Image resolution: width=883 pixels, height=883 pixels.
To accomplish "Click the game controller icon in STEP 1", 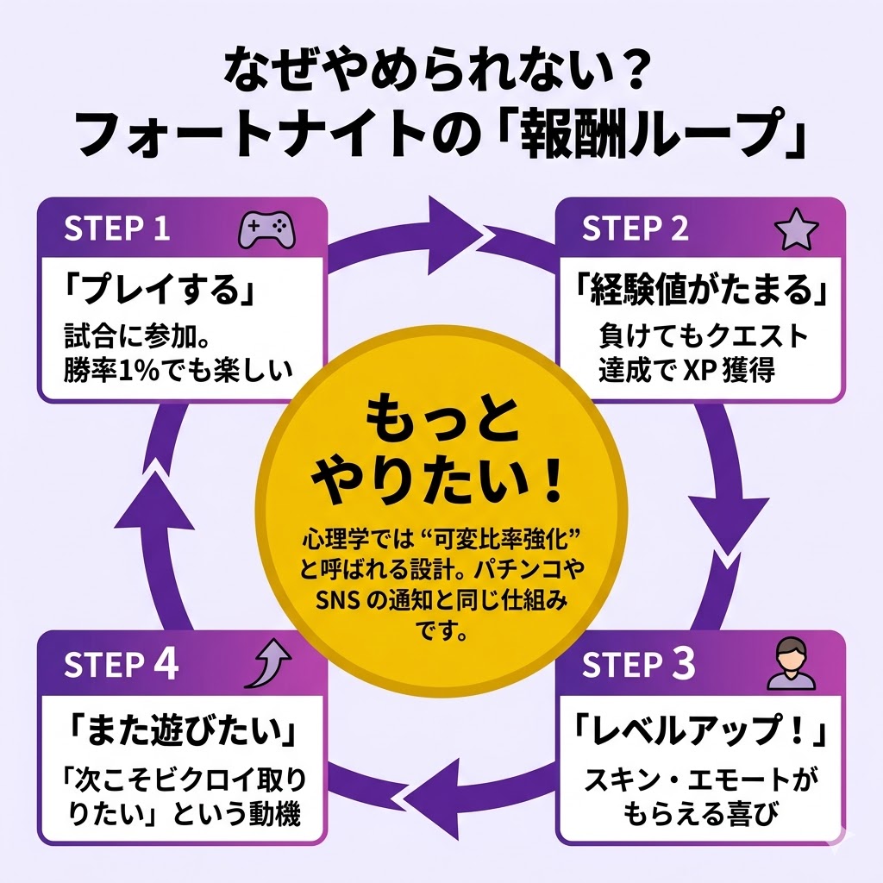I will pyautogui.click(x=266, y=230).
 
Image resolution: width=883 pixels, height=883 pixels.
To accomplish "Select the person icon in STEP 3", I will pyautogui.click(x=790, y=664).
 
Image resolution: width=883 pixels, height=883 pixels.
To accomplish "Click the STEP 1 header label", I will pyautogui.click(x=118, y=230).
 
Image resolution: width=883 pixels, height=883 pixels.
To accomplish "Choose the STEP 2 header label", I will pyautogui.click(x=636, y=230).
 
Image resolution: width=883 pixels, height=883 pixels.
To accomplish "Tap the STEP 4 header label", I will pyautogui.click(x=122, y=665).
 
